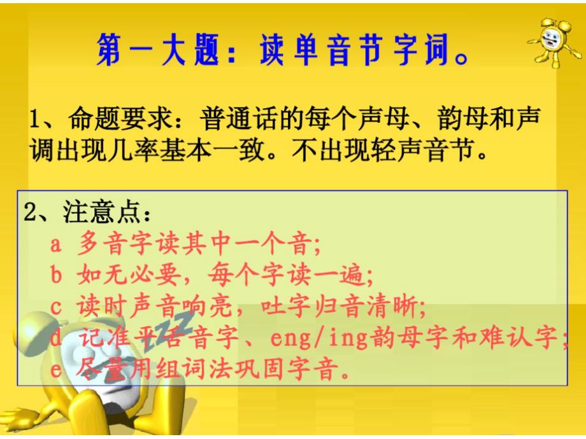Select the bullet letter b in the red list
pyautogui.click(x=55, y=275)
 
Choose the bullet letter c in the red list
pyautogui.click(x=55, y=307)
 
